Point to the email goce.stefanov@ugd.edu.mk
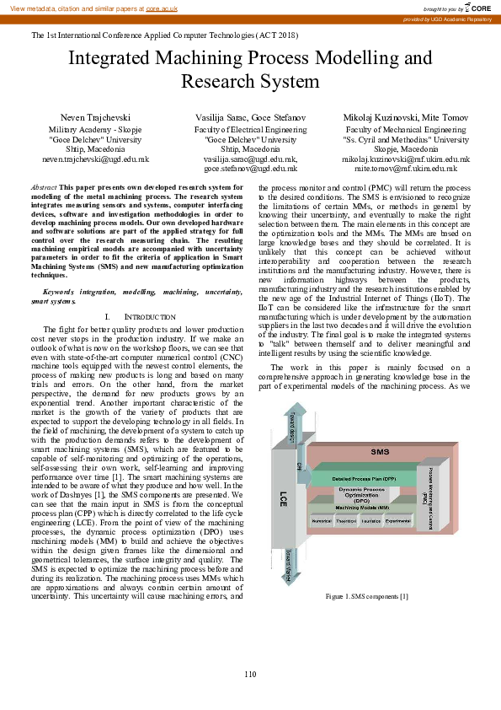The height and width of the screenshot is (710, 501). (251, 168)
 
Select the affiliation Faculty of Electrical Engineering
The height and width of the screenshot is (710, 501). (250, 130)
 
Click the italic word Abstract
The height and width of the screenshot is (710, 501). (44, 186)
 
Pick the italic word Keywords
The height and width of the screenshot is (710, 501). (59, 268)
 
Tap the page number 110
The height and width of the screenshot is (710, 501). (250, 673)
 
